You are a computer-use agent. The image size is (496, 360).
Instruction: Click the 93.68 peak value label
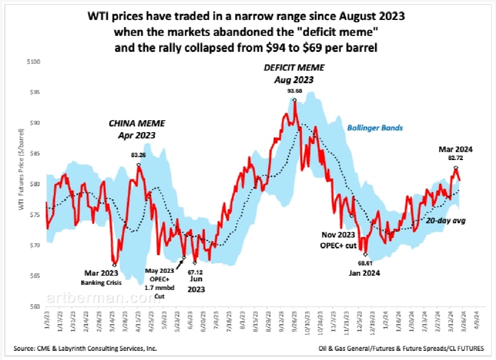coord(295,89)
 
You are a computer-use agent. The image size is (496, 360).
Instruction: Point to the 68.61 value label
coord(365,264)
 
